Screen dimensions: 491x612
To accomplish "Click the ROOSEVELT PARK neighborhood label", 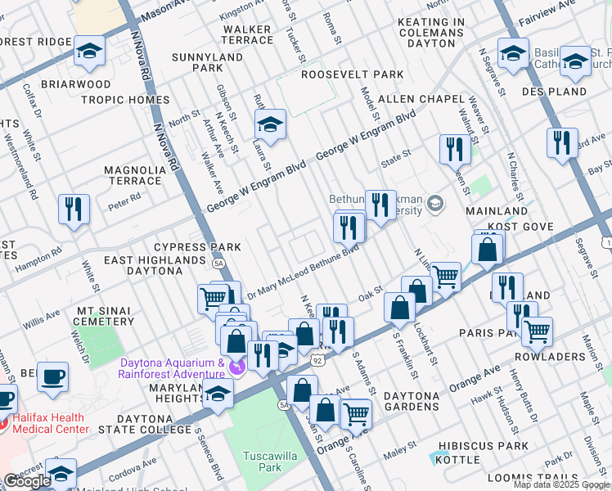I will point(352,74).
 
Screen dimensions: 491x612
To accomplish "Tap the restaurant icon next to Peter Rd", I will point(74,209).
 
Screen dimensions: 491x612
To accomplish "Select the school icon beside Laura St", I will point(269,124).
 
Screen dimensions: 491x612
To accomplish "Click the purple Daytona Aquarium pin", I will point(237,366).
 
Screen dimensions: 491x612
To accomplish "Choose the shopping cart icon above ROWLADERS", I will point(537,331).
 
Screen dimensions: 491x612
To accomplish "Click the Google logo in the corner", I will point(27,481).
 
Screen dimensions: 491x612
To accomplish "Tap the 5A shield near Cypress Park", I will point(218,264).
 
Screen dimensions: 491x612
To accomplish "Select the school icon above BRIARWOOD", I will point(89,51).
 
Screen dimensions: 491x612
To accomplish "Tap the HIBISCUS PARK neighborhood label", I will point(484,446).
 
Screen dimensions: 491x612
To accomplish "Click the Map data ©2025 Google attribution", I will point(561,484).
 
